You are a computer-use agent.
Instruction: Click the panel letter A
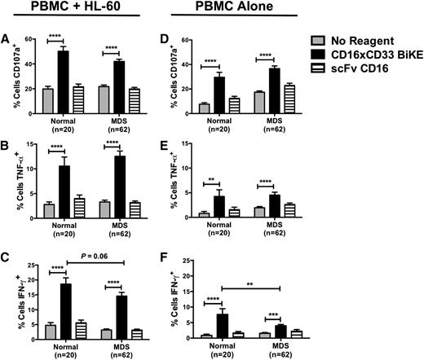point(7,37)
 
